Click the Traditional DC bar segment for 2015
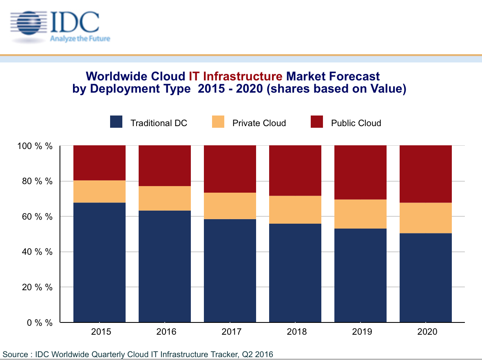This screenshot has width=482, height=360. [x=99, y=262]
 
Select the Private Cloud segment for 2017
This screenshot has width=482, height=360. [x=230, y=206]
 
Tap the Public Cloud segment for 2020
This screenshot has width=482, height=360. [x=426, y=174]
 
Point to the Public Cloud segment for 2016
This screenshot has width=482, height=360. [x=165, y=166]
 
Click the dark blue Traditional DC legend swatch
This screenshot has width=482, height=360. [x=116, y=122]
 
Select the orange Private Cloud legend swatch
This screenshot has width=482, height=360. [x=218, y=122]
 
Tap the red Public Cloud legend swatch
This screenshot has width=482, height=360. [x=317, y=122]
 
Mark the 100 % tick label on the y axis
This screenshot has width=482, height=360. [x=35, y=146]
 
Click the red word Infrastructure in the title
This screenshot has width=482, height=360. [x=243, y=76]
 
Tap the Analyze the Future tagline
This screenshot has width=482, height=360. [x=80, y=39]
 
